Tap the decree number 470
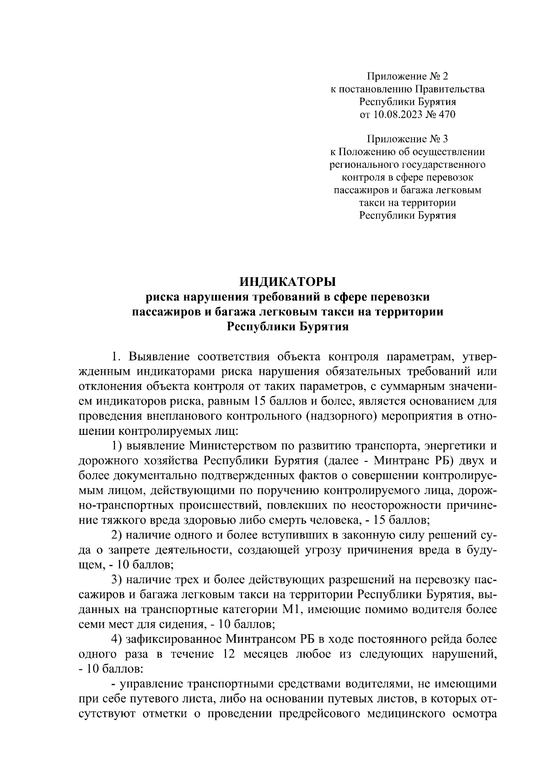pos(447,115)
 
